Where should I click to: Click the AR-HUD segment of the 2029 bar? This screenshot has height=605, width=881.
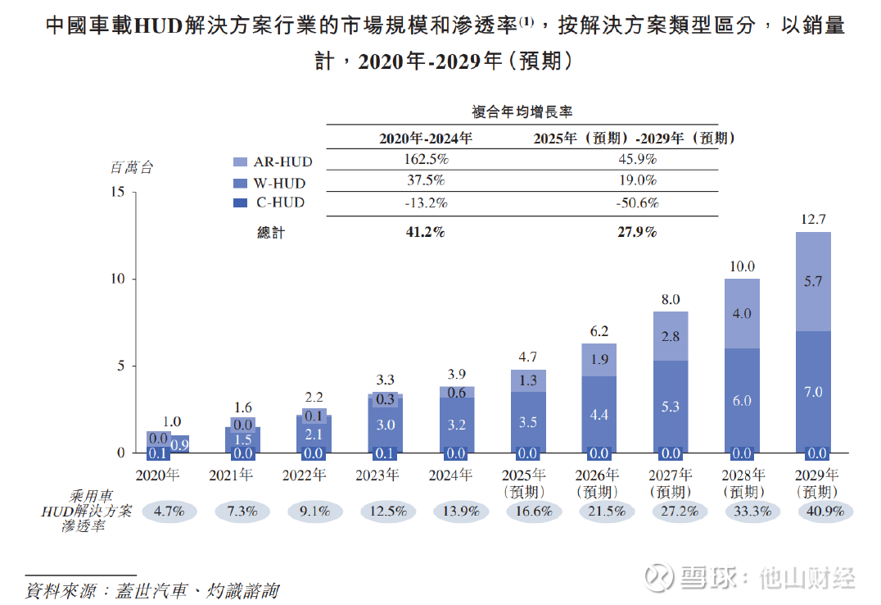point(813,281)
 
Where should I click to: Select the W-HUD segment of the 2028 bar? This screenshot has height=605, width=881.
point(742,400)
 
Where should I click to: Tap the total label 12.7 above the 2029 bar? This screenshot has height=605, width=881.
point(813,219)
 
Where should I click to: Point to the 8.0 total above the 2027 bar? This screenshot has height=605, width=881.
point(671,299)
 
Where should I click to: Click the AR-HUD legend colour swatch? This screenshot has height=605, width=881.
point(239,162)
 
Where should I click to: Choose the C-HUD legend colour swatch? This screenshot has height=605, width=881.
point(239,202)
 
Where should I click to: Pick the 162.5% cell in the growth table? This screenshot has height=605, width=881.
point(425,159)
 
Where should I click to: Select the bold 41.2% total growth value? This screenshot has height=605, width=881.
point(425,232)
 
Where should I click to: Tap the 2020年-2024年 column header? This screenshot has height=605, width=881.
point(425,139)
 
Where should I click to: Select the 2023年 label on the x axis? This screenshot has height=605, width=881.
point(377,475)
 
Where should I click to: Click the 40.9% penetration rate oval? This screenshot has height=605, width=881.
point(825,511)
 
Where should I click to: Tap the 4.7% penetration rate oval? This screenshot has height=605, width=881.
point(169,511)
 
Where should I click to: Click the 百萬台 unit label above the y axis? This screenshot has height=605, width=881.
point(132,168)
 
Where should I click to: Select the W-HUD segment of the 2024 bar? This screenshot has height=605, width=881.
point(457,423)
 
